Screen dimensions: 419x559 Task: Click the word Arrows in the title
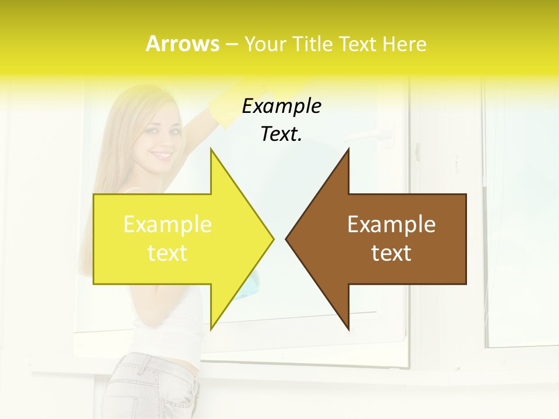pyautogui.click(x=182, y=44)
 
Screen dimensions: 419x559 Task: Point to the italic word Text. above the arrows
pyautogui.click(x=281, y=134)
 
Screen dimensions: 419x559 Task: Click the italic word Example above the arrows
pyautogui.click(x=281, y=106)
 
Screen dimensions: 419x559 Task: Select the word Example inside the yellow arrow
pyautogui.click(x=168, y=224)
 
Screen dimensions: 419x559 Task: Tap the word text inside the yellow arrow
pyautogui.click(x=168, y=253)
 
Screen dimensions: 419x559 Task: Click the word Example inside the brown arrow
pyautogui.click(x=391, y=224)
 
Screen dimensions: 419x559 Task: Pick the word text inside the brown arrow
pyautogui.click(x=391, y=253)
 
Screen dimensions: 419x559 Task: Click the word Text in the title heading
pyautogui.click(x=359, y=44)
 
